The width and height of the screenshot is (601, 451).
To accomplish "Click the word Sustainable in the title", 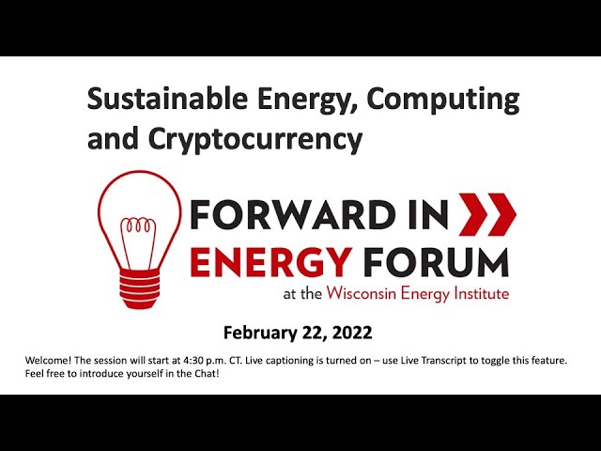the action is [x=167, y=98].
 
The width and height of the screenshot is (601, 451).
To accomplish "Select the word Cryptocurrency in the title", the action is [x=254, y=140].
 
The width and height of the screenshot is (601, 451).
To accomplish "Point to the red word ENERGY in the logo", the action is [x=270, y=262].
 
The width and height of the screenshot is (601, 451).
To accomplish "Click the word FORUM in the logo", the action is [x=437, y=262].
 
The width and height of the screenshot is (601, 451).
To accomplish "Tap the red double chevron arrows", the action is [x=487, y=214].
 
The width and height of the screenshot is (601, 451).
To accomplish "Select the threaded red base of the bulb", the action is [x=139, y=288].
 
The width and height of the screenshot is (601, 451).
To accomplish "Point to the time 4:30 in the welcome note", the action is [x=193, y=361].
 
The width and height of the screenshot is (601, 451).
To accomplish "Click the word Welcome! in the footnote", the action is [x=48, y=361].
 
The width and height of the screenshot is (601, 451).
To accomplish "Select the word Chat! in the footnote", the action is [x=207, y=374].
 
